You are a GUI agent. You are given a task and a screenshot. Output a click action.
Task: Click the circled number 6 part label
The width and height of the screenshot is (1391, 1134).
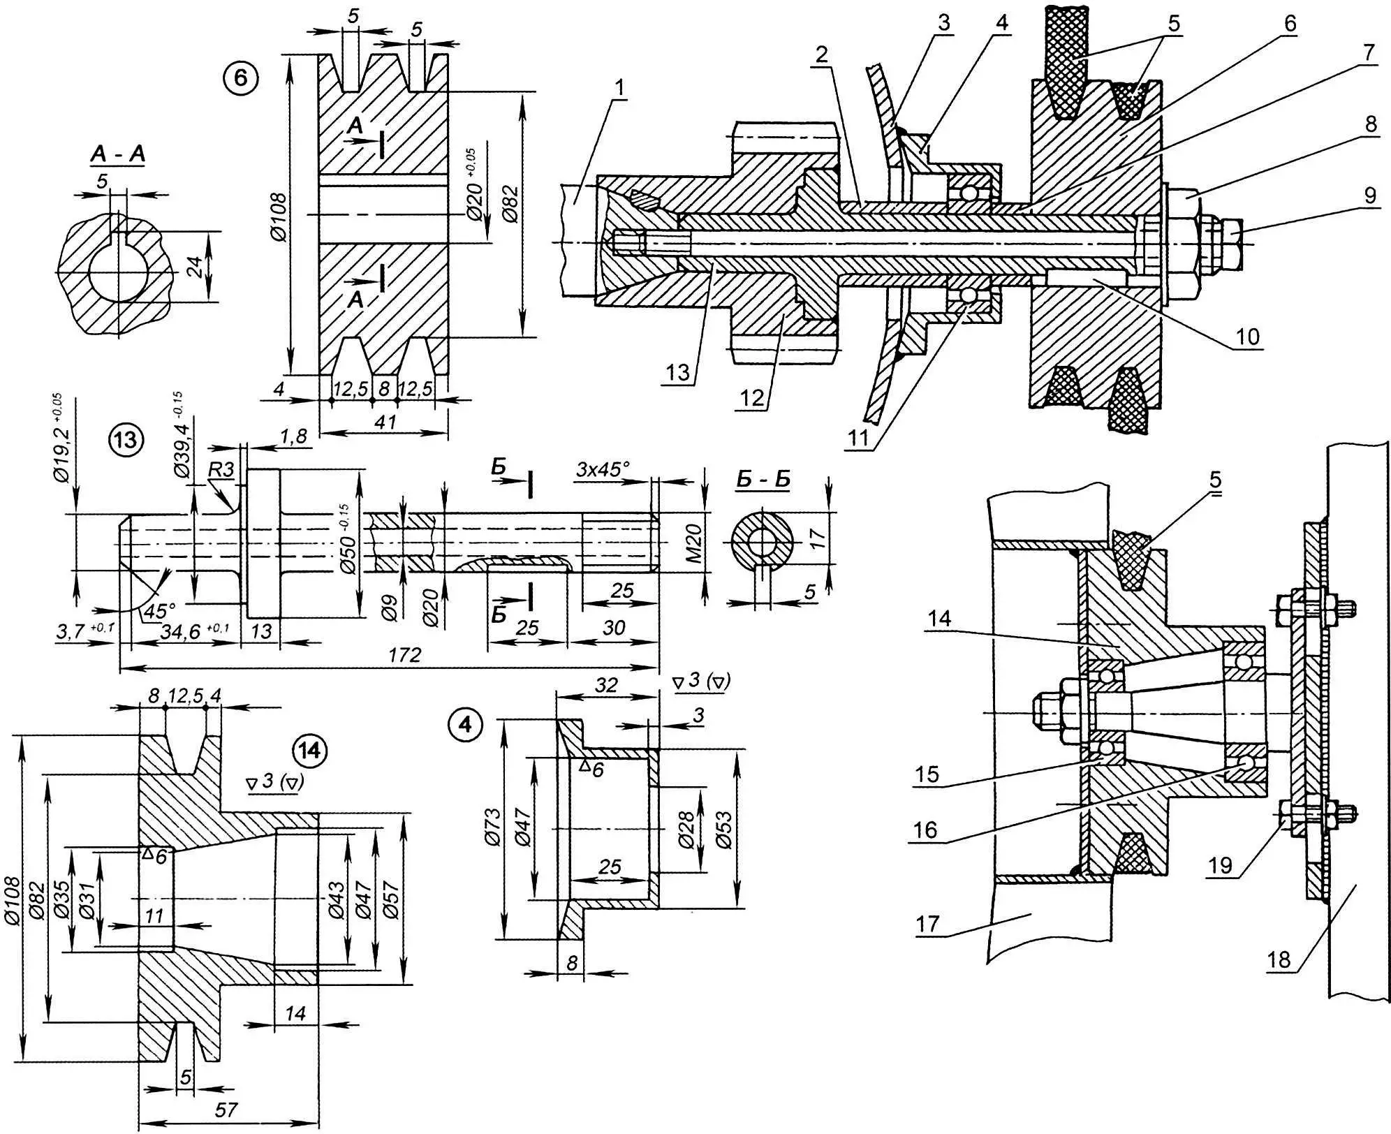click(240, 78)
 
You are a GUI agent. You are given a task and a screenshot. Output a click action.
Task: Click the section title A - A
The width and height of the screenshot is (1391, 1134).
click(117, 154)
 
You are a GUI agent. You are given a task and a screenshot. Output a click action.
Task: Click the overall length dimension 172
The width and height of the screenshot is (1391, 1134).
click(405, 654)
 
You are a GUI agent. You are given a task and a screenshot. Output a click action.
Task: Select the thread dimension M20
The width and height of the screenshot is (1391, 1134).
click(694, 544)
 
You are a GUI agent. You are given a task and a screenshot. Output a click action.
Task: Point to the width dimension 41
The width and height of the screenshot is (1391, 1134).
click(385, 422)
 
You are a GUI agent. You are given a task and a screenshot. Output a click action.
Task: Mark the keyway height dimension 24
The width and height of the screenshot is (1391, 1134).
click(196, 266)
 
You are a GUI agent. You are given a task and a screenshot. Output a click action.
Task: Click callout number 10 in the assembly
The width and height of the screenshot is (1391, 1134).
click(1247, 337)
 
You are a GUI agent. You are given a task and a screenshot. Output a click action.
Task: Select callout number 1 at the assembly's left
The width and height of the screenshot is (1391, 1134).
click(621, 89)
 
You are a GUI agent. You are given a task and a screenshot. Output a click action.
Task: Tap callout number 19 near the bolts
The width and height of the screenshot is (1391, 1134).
click(1221, 866)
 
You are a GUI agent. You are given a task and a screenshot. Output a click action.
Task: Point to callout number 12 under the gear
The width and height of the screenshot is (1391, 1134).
click(753, 397)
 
